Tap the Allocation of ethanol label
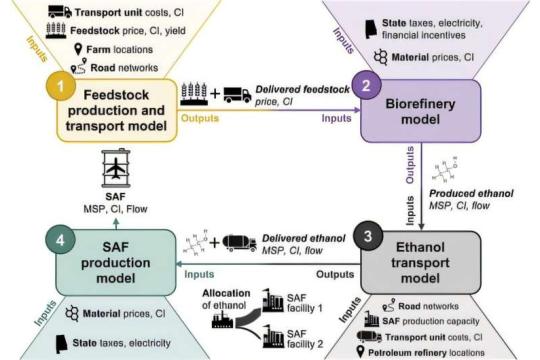coord(229,301)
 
